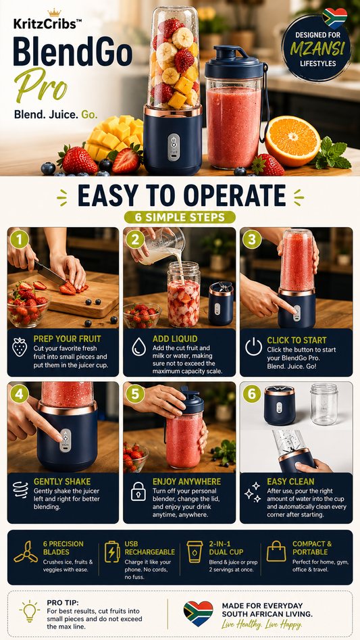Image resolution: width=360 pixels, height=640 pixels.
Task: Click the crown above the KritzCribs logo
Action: pyautogui.click(x=54, y=13)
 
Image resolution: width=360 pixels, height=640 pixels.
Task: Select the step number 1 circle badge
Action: pyautogui.click(x=20, y=240)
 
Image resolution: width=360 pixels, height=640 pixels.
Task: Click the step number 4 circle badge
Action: pyautogui.click(x=20, y=394)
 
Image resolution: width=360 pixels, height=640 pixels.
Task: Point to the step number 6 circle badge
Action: pyautogui.click(x=251, y=394)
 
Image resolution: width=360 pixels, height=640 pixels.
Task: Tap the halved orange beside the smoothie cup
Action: pyautogui.click(x=292, y=141)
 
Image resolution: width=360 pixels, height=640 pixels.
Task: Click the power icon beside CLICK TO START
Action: pyautogui.click(x=253, y=347)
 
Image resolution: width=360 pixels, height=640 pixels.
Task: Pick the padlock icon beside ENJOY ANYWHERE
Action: pyautogui.click(x=138, y=492)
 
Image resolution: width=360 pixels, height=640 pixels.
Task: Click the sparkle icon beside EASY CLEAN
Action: pyautogui.click(x=253, y=492)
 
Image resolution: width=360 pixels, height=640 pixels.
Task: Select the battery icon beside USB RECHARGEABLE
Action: pyautogui.click(x=111, y=552)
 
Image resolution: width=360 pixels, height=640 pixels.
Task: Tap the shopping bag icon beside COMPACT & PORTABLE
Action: pyautogui.click(x=276, y=551)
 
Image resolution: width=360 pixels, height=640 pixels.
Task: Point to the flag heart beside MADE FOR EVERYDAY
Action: pyautogui.click(x=198, y=613)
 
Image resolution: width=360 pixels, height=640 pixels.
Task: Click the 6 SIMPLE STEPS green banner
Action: pyautogui.click(x=180, y=217)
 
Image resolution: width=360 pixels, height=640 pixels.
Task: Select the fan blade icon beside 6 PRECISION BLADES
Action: pyautogui.click(x=25, y=552)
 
